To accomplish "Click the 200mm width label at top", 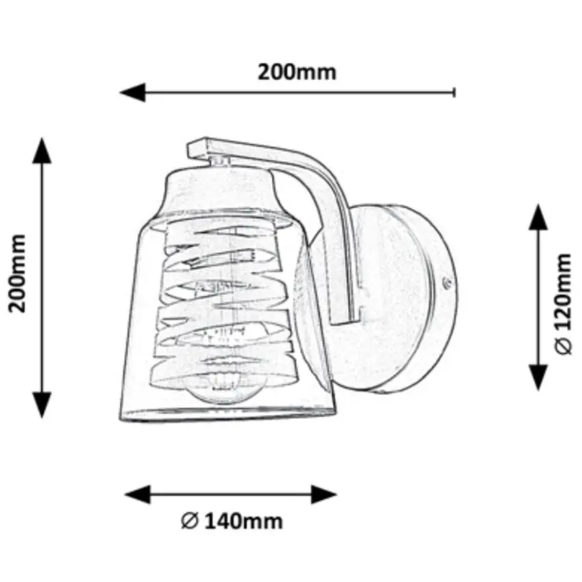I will click(x=296, y=72).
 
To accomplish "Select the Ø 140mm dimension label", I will click(x=232, y=522).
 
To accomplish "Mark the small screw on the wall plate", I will click(x=447, y=281).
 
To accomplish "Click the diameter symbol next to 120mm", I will click(x=563, y=347).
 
